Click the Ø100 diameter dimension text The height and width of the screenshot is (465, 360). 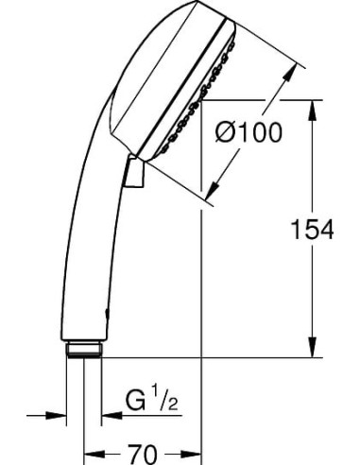point(249,135)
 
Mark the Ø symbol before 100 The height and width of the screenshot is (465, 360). point(228,135)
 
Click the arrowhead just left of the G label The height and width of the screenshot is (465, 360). point(107,414)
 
